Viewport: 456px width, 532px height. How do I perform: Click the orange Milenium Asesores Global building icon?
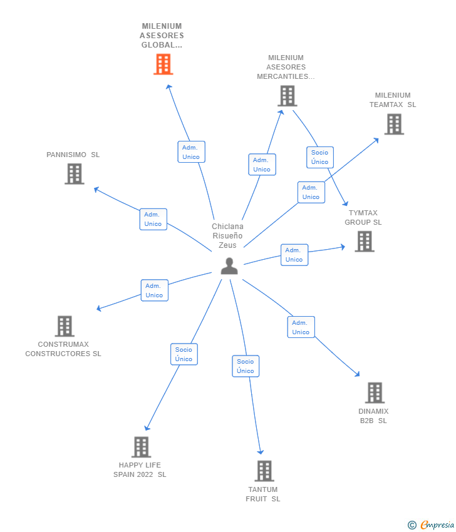click(163, 64)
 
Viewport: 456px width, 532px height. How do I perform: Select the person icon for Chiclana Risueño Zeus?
click(229, 266)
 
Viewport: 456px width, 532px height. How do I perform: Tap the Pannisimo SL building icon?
click(74, 173)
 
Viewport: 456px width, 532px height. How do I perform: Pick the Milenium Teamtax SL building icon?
click(393, 124)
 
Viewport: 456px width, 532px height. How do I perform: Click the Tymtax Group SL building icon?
click(364, 241)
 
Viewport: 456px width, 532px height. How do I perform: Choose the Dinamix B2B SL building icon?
click(374, 392)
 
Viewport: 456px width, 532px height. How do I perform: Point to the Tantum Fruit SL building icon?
click(264, 471)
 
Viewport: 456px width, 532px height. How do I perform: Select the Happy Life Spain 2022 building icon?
click(141, 447)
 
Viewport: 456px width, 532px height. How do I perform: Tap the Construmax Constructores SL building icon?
click(65, 326)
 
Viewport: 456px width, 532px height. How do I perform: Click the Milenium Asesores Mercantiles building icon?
click(287, 96)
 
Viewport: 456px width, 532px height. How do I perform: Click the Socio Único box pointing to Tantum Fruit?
click(246, 366)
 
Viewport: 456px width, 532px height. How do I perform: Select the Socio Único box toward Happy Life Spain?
click(184, 354)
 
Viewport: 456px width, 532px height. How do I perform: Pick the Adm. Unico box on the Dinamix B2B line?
click(301, 327)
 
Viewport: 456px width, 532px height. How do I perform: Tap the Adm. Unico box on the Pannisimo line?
click(153, 219)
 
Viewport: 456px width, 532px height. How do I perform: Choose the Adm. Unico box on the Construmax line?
click(154, 290)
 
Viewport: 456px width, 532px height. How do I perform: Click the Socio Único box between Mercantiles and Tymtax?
click(319, 157)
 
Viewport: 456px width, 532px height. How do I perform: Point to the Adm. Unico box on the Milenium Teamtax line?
click(311, 192)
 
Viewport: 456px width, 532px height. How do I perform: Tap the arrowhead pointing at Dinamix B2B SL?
click(357, 374)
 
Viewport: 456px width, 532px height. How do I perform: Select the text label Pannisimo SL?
click(73, 155)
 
